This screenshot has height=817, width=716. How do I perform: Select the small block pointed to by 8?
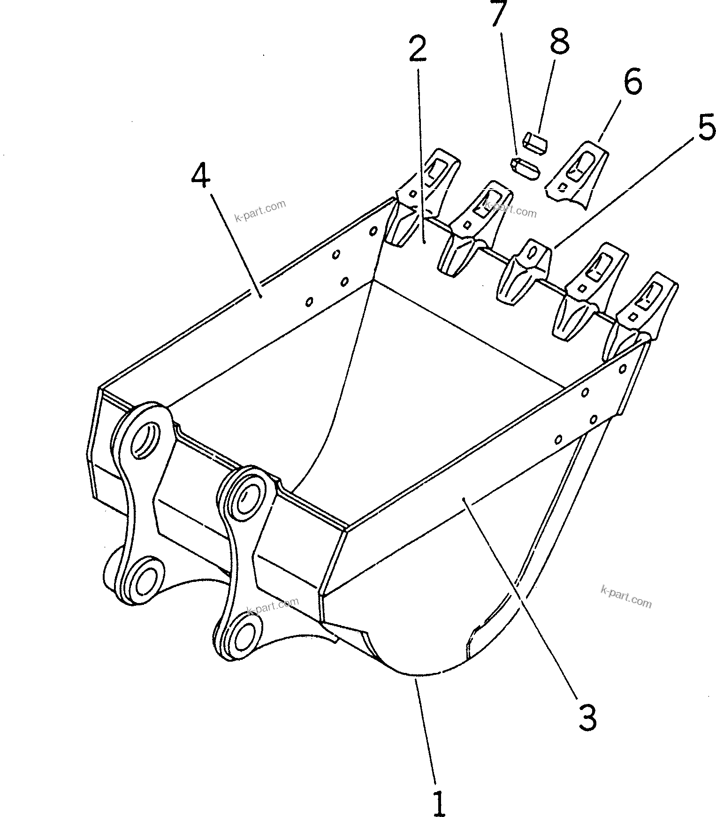pyautogui.click(x=535, y=142)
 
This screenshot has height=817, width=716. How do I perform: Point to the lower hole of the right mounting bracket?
pyautogui.click(x=244, y=636)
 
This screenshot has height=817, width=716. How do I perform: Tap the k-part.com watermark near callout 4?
pyautogui.click(x=260, y=211)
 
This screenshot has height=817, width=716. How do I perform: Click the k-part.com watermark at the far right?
pyautogui.click(x=626, y=596)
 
